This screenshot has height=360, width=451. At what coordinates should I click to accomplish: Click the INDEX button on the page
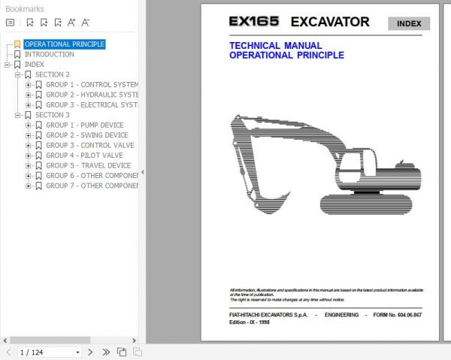[409, 23]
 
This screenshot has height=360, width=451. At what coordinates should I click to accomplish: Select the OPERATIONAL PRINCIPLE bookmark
[65, 44]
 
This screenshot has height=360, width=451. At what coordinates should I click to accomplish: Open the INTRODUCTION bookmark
[49, 54]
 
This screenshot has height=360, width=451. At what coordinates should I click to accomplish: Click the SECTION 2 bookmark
[52, 74]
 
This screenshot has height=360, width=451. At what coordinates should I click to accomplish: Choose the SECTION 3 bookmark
[52, 115]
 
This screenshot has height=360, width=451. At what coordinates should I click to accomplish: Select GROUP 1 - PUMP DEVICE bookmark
[84, 125]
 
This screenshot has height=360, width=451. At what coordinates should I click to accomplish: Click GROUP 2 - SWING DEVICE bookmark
[86, 135]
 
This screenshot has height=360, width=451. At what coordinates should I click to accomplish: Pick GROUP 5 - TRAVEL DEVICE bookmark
[88, 165]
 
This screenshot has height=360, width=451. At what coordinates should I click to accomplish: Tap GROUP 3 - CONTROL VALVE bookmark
[89, 145]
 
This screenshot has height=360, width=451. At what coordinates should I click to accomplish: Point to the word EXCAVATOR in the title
[329, 22]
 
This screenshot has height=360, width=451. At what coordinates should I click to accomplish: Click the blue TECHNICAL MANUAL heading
[275, 46]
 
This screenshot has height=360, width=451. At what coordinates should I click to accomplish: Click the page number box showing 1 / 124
[49, 352]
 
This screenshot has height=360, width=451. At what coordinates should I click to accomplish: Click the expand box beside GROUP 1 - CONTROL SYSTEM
[29, 85]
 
